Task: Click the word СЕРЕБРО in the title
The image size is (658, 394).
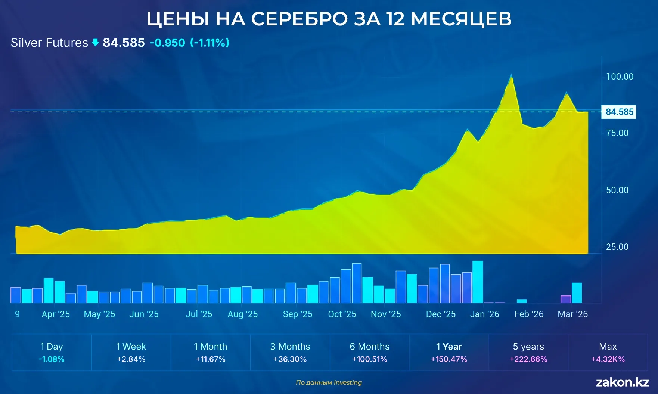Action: click(299, 19)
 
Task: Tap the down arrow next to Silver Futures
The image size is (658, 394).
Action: click(96, 43)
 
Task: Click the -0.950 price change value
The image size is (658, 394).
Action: click(167, 43)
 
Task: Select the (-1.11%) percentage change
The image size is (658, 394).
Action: click(209, 43)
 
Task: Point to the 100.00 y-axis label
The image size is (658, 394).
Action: click(620, 77)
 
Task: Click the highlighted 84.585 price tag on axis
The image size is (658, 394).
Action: click(619, 112)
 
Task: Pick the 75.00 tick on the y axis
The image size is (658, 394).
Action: click(617, 133)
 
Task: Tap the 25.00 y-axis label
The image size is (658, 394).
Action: click(617, 247)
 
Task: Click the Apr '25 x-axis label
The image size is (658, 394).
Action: click(56, 314)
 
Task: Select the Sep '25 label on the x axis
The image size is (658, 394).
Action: click(297, 314)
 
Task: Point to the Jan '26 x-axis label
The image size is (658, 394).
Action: click(484, 314)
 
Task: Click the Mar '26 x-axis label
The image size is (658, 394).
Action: click(572, 314)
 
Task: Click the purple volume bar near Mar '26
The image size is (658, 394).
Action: click(566, 299)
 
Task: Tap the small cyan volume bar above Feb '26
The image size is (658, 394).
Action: click(522, 301)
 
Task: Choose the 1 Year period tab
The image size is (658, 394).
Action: click(449, 352)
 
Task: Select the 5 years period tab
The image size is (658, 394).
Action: click(528, 352)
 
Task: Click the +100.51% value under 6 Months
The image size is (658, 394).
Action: click(369, 359)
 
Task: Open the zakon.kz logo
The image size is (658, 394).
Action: click(622, 382)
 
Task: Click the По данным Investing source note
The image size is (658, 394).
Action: click(329, 382)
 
